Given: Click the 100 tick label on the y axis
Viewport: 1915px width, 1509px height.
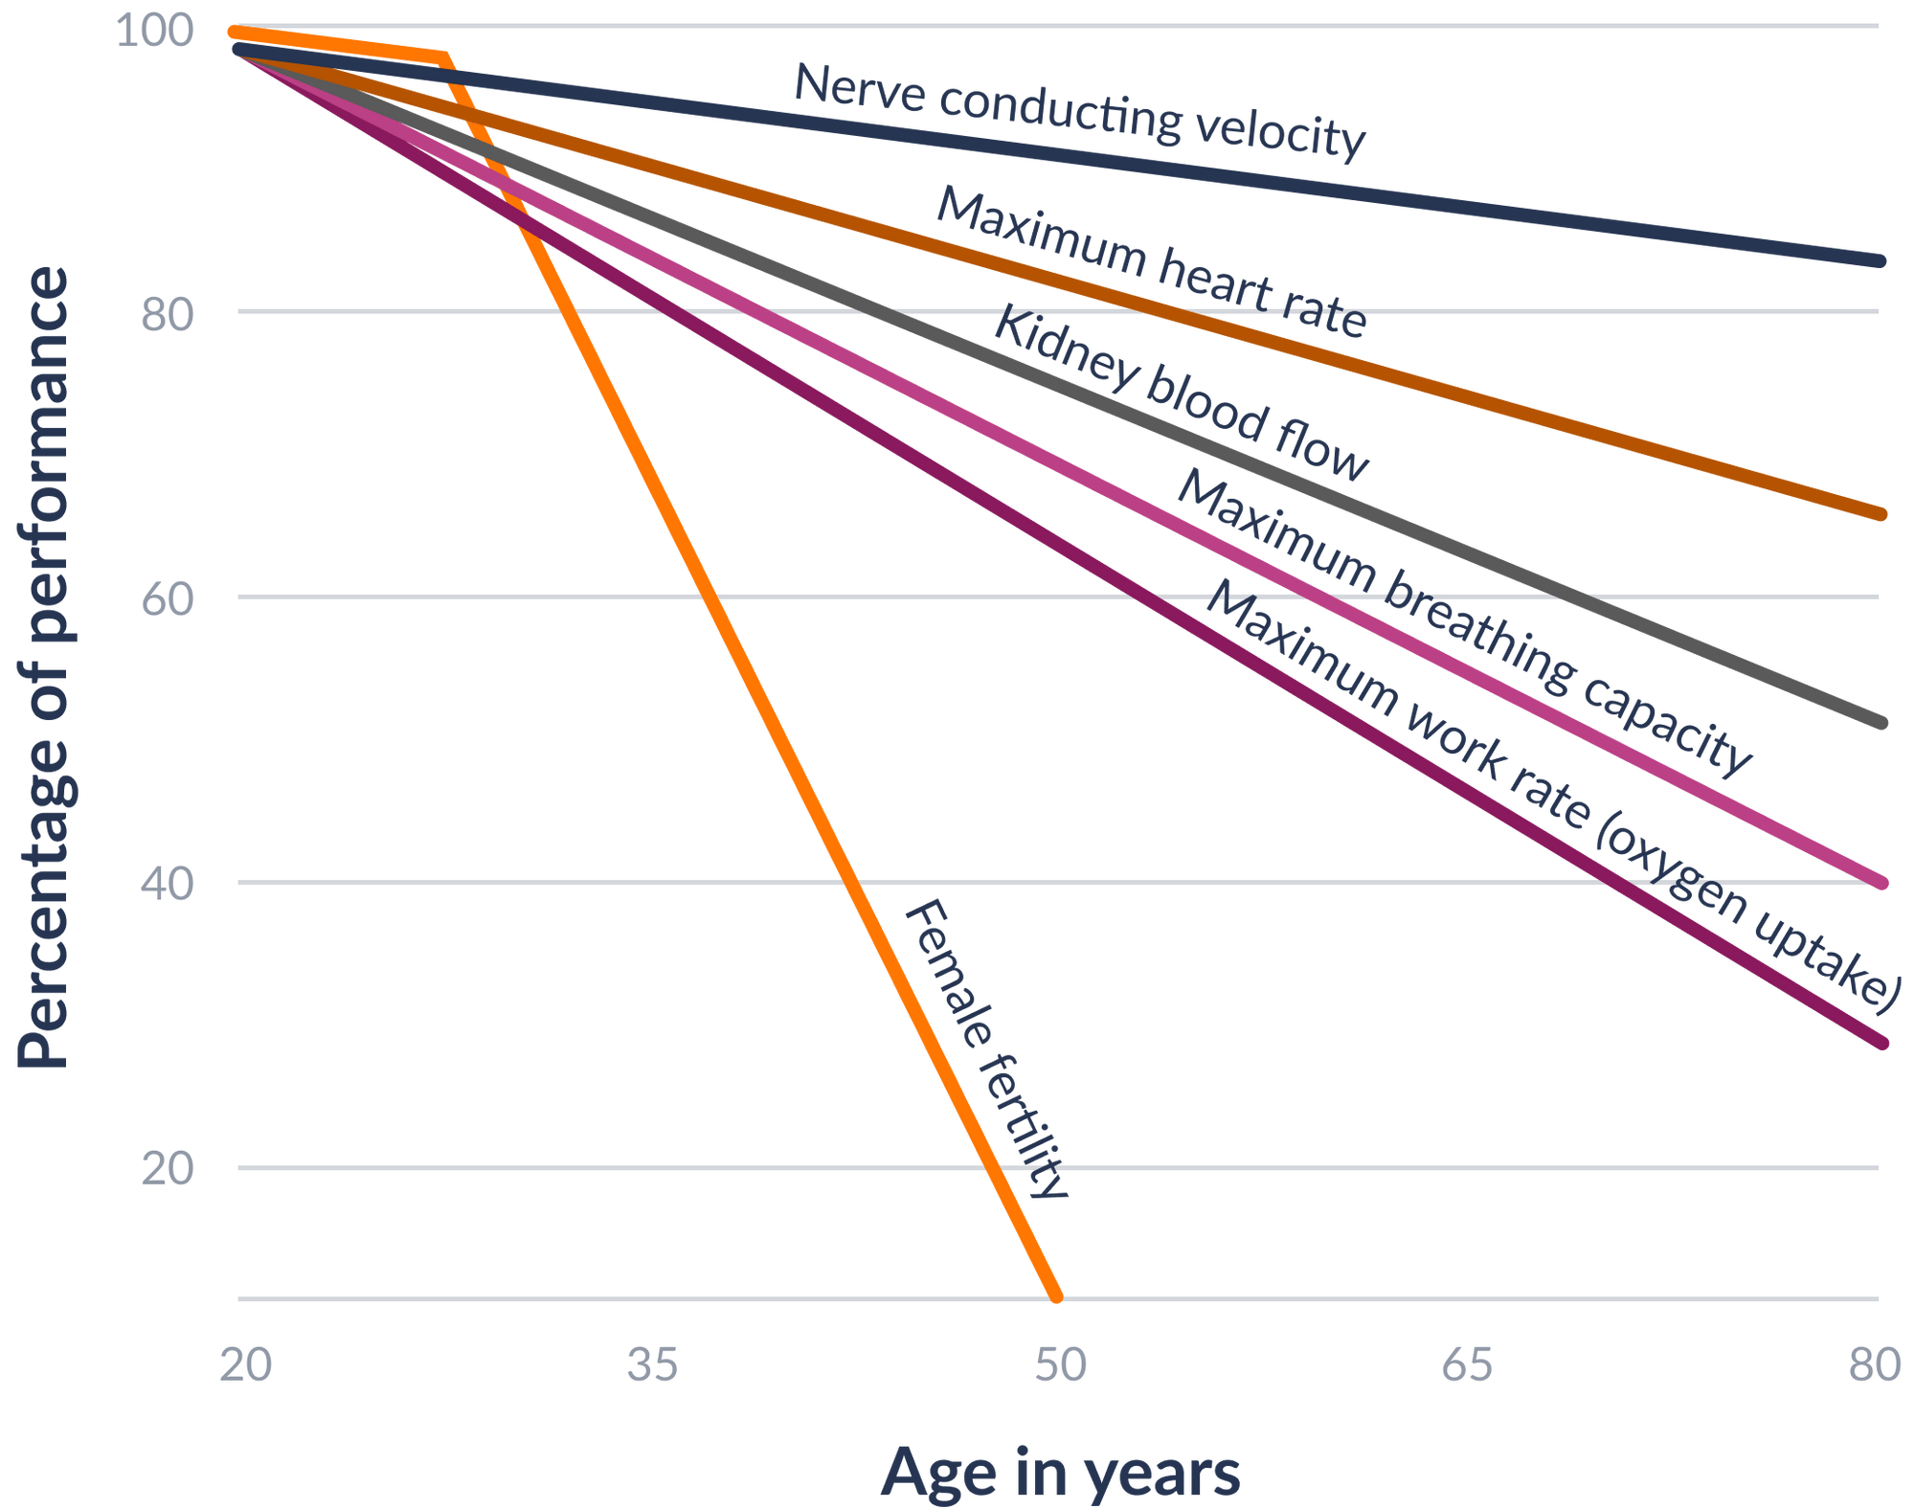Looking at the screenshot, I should pos(154,32).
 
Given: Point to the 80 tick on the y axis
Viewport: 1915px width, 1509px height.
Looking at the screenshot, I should pos(167,313).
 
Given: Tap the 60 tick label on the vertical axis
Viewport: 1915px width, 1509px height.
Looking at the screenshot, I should pos(167,598).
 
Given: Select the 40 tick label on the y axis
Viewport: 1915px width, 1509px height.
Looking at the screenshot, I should pos(167,883).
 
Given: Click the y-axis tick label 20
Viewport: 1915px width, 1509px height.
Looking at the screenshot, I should pos(167,1168).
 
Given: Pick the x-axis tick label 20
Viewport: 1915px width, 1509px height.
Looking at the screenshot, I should pos(245,1364).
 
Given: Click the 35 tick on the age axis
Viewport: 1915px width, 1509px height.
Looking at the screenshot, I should pos(652,1364).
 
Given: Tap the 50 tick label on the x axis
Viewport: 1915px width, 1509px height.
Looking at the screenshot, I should pos(1060,1364).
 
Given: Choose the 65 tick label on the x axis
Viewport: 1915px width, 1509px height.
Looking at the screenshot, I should pos(1467,1364).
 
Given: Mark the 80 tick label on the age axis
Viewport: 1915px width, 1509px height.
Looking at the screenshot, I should pos(1874,1364).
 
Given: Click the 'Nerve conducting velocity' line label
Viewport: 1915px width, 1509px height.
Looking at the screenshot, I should pos(1079,111).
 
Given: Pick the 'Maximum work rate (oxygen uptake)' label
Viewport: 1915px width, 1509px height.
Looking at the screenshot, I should pos(1551,795).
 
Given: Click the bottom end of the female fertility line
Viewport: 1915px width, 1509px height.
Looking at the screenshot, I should pos(1057,1297).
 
